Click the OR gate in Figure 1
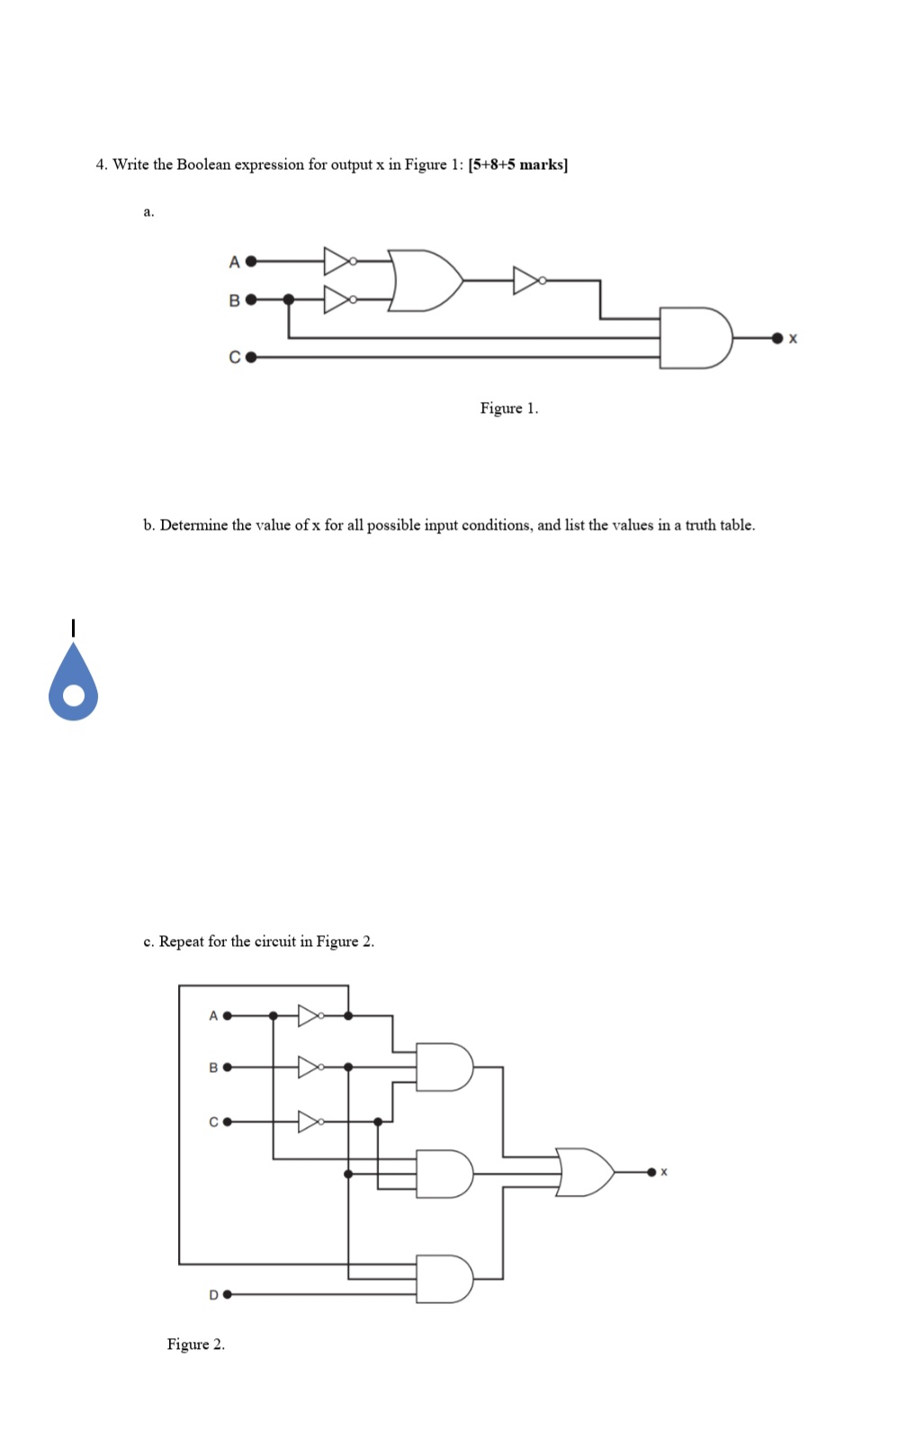(x=425, y=281)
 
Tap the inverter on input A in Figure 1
(x=338, y=261)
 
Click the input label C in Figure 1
(x=234, y=357)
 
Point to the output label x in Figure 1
(x=793, y=339)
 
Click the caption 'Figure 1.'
(x=509, y=408)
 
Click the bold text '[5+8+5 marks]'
(x=518, y=165)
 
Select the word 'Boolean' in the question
(x=204, y=165)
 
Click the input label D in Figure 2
(x=213, y=1295)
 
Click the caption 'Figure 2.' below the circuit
(x=195, y=1344)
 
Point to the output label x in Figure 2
(x=664, y=1172)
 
